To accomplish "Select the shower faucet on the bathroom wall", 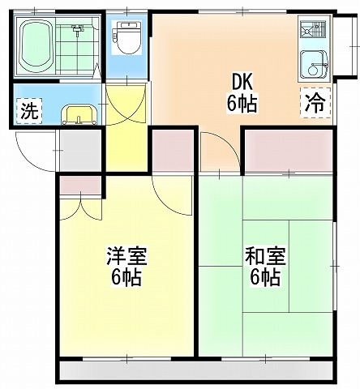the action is click(78, 29).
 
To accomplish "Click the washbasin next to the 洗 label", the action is click(79, 115).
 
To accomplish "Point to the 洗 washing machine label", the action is click(29, 110).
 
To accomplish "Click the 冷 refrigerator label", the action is click(315, 103).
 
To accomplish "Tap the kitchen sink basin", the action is click(315, 64).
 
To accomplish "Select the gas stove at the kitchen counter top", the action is click(315, 28).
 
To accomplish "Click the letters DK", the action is click(242, 83).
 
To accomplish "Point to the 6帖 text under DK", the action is click(242, 103).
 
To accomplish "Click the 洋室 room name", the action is click(126, 256).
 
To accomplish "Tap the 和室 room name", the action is click(265, 256).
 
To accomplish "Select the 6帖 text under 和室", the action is click(265, 276).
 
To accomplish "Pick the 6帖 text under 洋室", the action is click(126, 276).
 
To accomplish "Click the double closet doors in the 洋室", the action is click(80, 209).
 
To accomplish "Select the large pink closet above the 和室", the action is click(289, 150).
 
